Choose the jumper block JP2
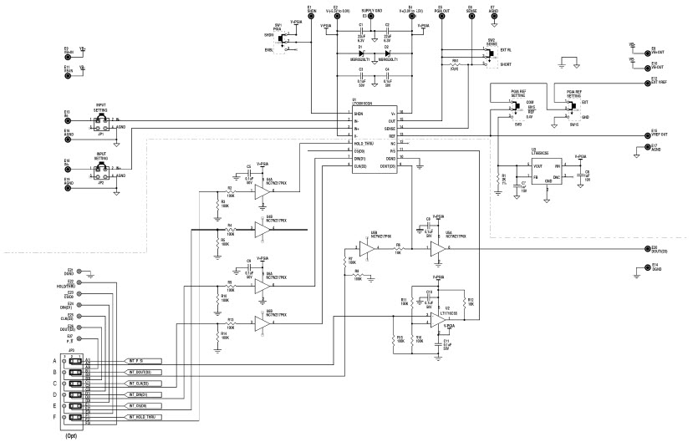point(102,171)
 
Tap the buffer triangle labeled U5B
point(365,248)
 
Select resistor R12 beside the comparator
point(470,301)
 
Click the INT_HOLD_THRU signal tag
point(150,416)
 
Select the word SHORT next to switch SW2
point(504,62)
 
